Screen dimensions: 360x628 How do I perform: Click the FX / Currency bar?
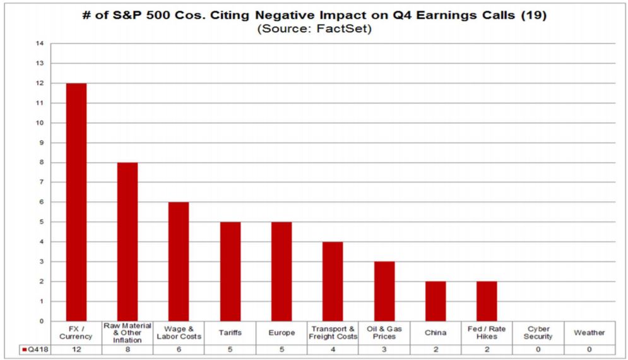(x=76, y=202)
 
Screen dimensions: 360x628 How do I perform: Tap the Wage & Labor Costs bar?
(x=179, y=261)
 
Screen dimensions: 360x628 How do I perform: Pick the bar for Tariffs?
(x=230, y=272)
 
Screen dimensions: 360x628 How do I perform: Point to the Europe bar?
(x=281, y=272)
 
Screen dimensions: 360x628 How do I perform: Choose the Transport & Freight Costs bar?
(x=333, y=282)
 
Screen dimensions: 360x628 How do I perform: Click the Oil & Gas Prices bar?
(x=384, y=291)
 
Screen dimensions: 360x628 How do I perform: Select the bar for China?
(x=435, y=301)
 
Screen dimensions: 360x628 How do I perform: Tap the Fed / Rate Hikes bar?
(x=487, y=301)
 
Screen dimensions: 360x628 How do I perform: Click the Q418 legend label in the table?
(x=33, y=349)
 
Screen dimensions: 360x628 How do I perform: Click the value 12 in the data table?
(x=76, y=349)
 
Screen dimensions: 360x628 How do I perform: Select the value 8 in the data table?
(x=127, y=349)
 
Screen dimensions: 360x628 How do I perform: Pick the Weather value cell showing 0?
(x=589, y=349)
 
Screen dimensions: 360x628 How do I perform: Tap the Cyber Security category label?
(x=538, y=333)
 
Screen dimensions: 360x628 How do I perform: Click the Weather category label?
(x=589, y=333)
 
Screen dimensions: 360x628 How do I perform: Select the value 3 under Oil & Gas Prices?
(x=384, y=349)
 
